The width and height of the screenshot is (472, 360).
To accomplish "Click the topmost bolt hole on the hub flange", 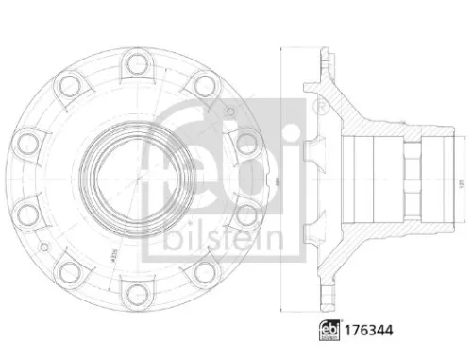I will pos(136,64).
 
